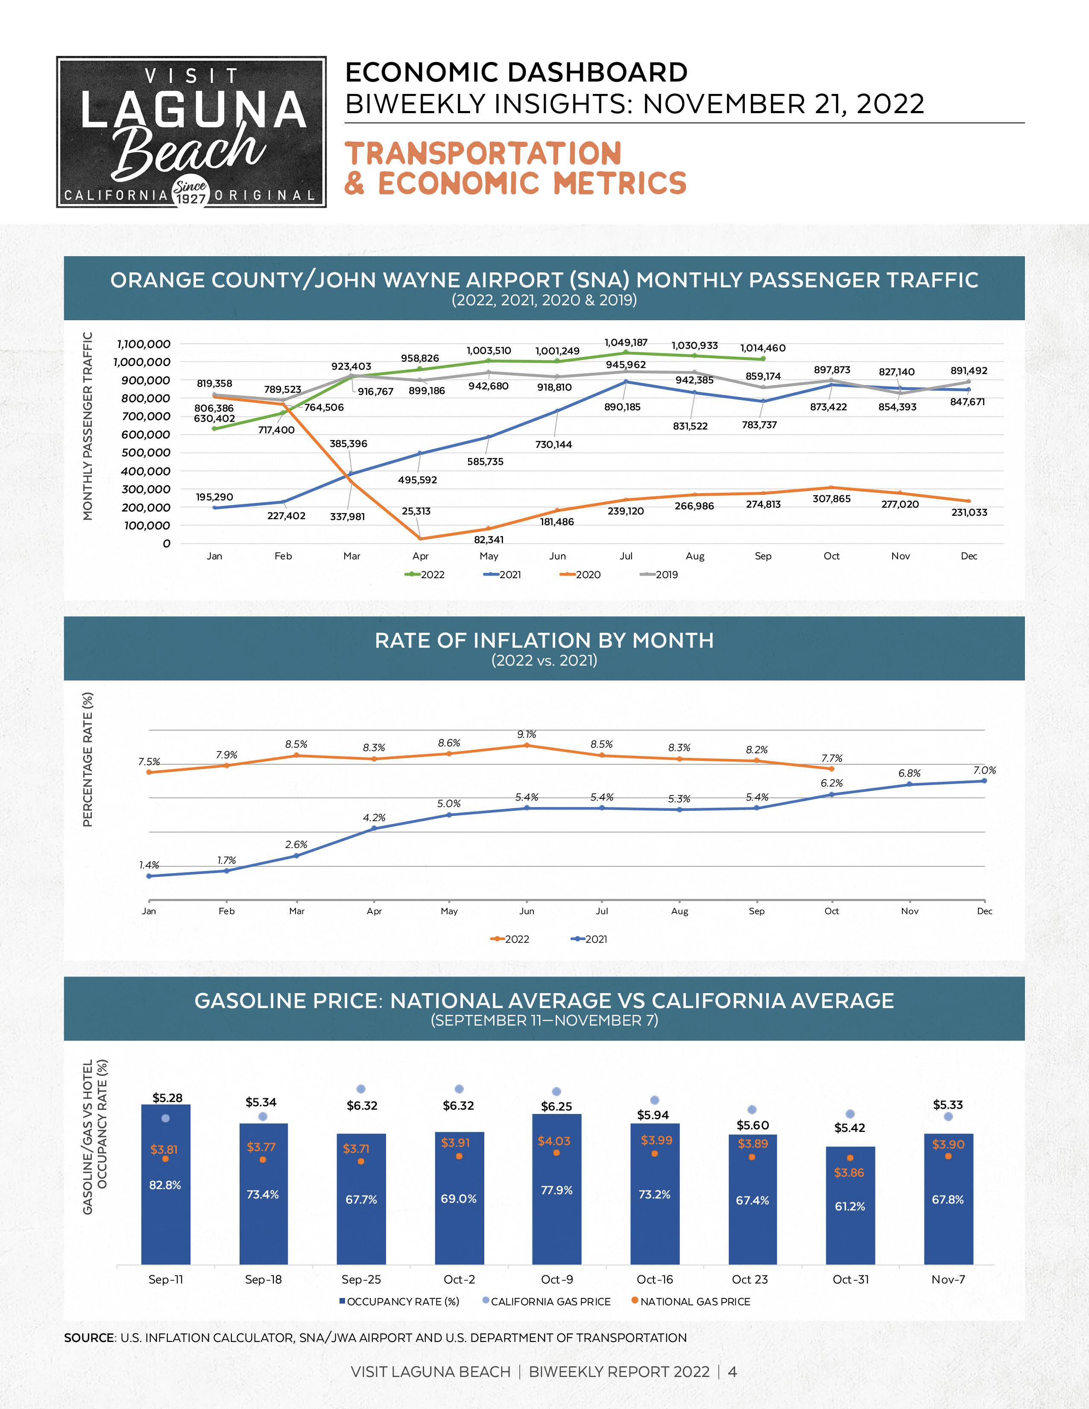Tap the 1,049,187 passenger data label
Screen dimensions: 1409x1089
[x=626, y=342]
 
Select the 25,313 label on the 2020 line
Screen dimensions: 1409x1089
[x=416, y=511]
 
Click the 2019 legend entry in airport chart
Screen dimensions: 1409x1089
[x=659, y=575]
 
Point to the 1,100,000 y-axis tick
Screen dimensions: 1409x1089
[x=143, y=344]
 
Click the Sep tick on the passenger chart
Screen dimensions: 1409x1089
[x=763, y=556]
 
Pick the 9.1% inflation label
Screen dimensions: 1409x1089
[x=527, y=734]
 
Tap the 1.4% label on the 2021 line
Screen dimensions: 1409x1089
[x=149, y=865]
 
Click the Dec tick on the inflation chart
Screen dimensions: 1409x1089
[x=984, y=911]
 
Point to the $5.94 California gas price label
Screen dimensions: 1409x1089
[x=653, y=1115]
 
